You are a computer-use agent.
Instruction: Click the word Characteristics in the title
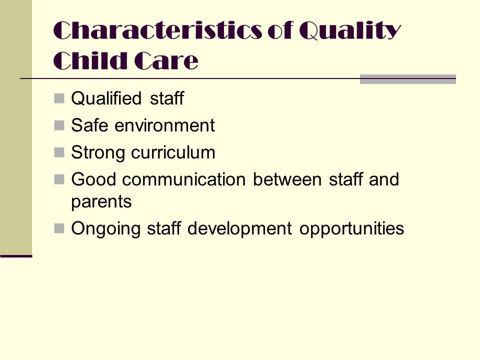[x=158, y=30]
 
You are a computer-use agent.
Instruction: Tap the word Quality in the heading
[x=350, y=30]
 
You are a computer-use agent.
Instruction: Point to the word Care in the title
[x=166, y=60]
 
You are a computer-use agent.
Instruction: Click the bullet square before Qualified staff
[x=59, y=98]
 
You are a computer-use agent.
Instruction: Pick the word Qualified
[x=106, y=98]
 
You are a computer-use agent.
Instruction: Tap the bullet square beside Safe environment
[x=59, y=125]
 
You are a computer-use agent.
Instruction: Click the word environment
[x=164, y=125]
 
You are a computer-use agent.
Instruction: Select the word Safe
[x=89, y=125]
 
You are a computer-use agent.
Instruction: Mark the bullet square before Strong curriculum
[x=59, y=152]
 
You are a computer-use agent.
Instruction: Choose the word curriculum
[x=173, y=152]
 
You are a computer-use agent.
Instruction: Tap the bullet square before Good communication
[x=59, y=179]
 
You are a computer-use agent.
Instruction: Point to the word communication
[x=184, y=179]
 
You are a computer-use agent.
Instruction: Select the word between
[x=287, y=179]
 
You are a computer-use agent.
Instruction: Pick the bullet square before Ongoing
[x=59, y=228]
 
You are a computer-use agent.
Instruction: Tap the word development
[x=239, y=228]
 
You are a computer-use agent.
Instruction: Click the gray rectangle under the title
[x=408, y=79]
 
